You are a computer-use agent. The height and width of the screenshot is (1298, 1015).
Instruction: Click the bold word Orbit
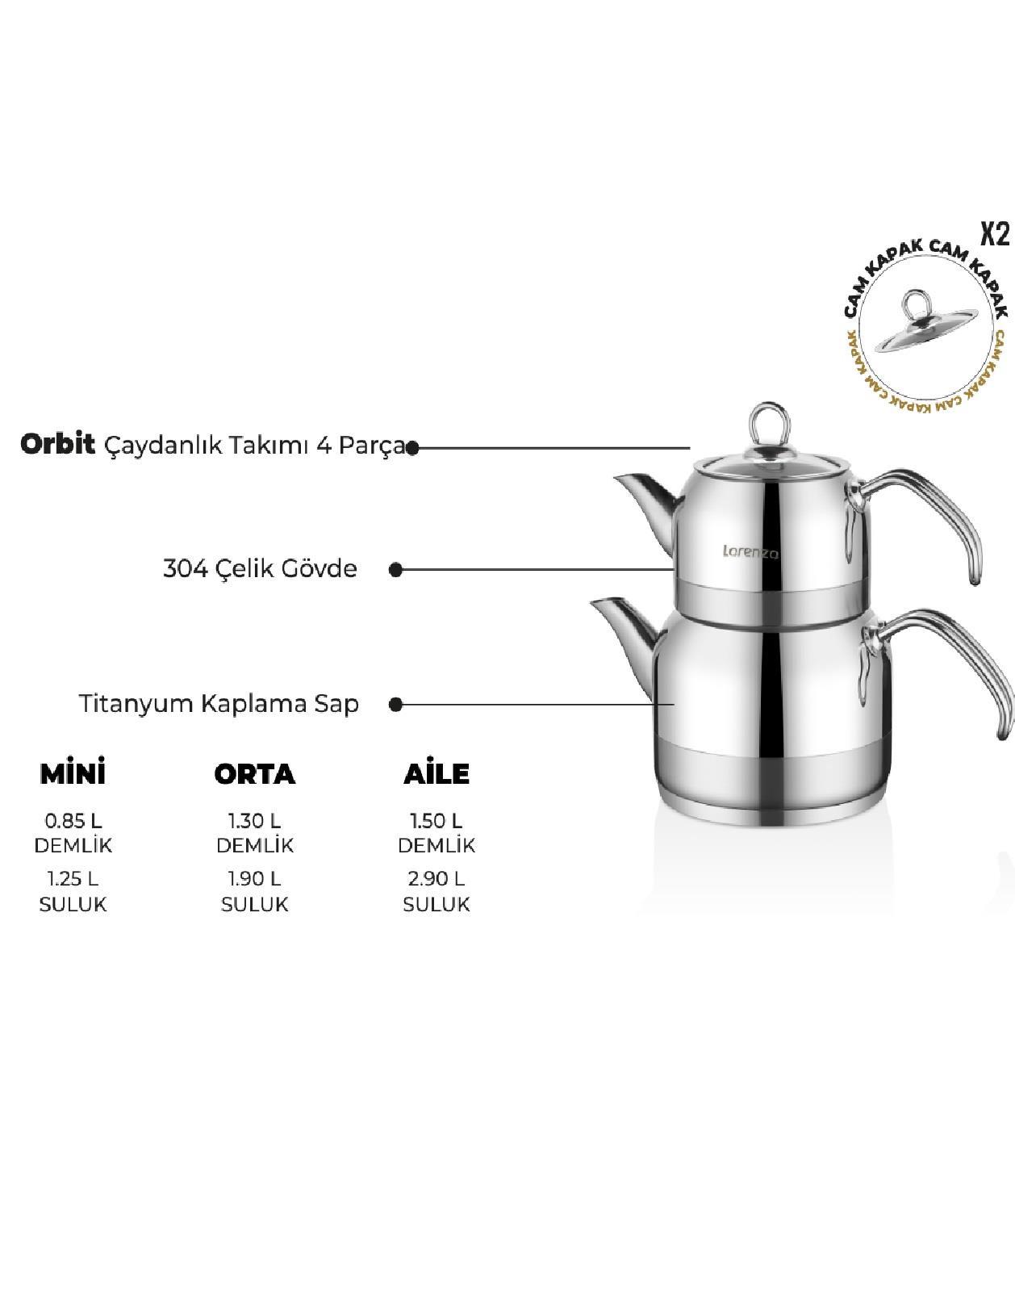tap(57, 445)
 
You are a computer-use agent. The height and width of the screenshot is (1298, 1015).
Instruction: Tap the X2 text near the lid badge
tap(995, 235)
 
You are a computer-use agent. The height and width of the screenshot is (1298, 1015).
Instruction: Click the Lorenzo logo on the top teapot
tap(750, 552)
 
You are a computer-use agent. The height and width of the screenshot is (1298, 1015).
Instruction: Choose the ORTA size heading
tap(254, 775)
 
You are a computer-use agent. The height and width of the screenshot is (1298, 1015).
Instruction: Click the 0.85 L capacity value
tap(73, 821)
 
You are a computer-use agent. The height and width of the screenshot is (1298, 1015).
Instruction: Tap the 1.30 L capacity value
tap(255, 821)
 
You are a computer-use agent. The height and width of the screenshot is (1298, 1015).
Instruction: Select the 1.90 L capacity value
tap(255, 879)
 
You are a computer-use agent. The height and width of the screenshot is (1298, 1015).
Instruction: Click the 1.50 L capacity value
tap(436, 821)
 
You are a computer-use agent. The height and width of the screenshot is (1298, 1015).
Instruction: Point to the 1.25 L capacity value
tap(73, 879)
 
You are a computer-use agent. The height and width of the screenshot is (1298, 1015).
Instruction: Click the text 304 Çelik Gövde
tap(260, 568)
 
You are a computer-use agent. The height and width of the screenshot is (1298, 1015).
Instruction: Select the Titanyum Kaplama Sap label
tap(219, 704)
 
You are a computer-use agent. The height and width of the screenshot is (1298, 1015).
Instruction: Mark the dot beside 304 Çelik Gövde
tap(395, 570)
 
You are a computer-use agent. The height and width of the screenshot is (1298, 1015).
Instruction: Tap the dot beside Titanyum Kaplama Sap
tap(395, 705)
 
